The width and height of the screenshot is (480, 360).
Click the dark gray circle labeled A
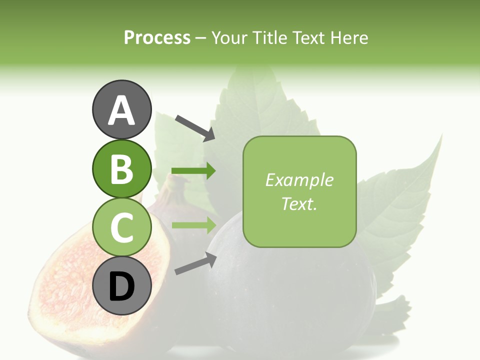121,109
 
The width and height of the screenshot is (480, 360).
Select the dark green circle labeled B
121,168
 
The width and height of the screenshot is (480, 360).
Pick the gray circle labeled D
121,286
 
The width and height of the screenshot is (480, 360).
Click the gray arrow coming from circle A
195,128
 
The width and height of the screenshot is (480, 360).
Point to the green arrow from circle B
193,171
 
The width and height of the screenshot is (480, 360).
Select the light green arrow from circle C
193,225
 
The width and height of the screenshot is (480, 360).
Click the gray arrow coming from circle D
195,264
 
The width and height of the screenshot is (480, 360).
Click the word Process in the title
157,38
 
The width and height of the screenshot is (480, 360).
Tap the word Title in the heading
269,38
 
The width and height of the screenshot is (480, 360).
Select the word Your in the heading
229,38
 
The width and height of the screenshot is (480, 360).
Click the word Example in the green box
299,180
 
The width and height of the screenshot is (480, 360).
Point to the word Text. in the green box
299,204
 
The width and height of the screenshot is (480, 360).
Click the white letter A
121,110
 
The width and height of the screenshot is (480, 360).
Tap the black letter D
121,287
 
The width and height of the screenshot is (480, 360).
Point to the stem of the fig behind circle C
172,187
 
